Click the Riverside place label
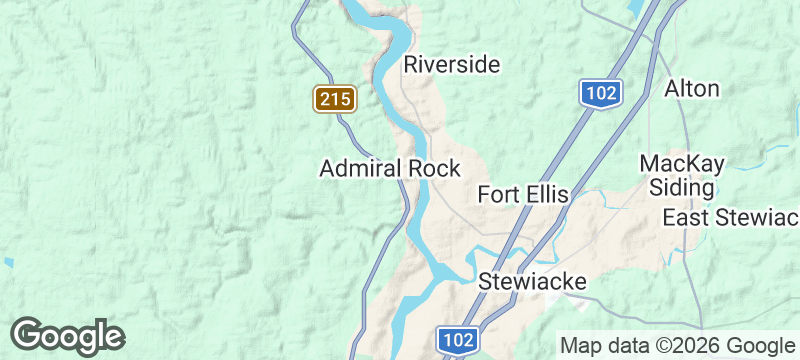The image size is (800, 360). coord(451,65)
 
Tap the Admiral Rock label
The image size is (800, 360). coord(390,169)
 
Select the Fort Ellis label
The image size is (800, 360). coord(523,194)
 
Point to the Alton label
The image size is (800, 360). coord(692,88)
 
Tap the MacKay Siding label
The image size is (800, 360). coord(682,175)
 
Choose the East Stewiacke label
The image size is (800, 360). coord(730,218)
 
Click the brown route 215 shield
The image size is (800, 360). coord(335,98)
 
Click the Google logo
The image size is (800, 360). coord(67,335)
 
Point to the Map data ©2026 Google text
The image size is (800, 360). coord(676,345)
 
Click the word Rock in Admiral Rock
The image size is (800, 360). coord(435,169)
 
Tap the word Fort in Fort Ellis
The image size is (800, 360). coord(498,194)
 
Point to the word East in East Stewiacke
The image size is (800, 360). coord(684,218)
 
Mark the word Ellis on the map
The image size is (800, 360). coord(546,194)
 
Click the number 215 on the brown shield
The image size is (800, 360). coord(335,99)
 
